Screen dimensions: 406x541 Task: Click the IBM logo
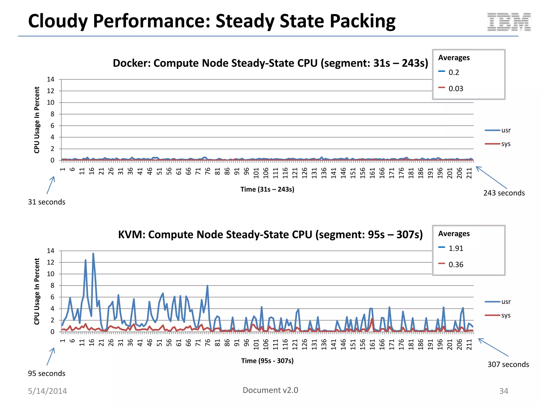(509, 22)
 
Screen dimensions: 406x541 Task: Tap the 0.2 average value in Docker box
(454, 72)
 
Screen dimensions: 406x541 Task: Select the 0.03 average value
(456, 89)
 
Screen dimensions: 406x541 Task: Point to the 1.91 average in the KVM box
(456, 248)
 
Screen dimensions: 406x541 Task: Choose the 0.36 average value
(456, 265)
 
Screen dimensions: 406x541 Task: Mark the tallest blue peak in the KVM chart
(93, 254)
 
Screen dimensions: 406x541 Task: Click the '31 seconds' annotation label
(46, 202)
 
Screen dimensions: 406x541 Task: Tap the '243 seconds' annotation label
(504, 193)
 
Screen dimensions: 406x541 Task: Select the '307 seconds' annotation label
(508, 365)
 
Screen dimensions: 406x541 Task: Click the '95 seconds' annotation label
(46, 373)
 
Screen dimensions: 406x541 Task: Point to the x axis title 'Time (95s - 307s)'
(267, 361)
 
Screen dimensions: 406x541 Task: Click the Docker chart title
(270, 63)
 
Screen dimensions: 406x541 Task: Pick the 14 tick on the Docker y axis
(50, 79)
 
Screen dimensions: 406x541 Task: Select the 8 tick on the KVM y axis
(52, 285)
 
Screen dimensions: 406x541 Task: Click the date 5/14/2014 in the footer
(48, 391)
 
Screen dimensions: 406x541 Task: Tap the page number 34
(503, 391)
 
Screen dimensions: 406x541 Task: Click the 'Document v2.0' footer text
(270, 390)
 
